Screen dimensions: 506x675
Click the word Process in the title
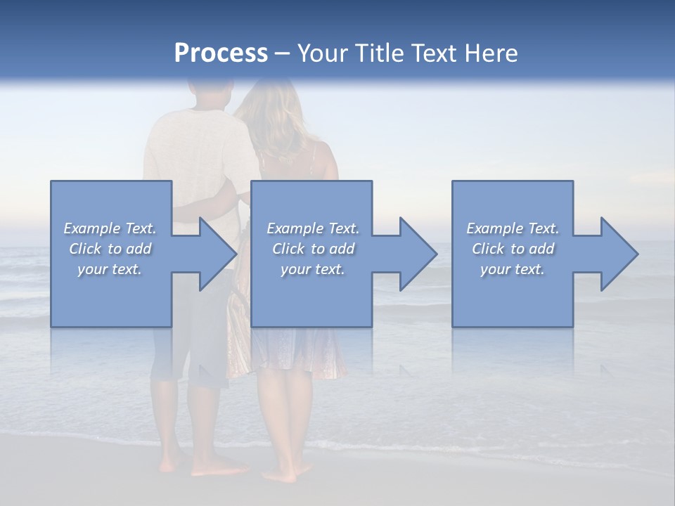tap(221, 53)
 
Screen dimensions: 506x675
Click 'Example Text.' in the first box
tap(110, 228)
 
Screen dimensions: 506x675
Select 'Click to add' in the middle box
tap(313, 249)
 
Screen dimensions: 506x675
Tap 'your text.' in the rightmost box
tap(513, 269)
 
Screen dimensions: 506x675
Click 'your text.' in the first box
tap(110, 269)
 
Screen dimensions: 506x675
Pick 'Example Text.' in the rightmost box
tap(513, 228)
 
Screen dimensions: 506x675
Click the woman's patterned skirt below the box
tap(299, 351)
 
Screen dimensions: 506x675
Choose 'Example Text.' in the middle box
tap(313, 228)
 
